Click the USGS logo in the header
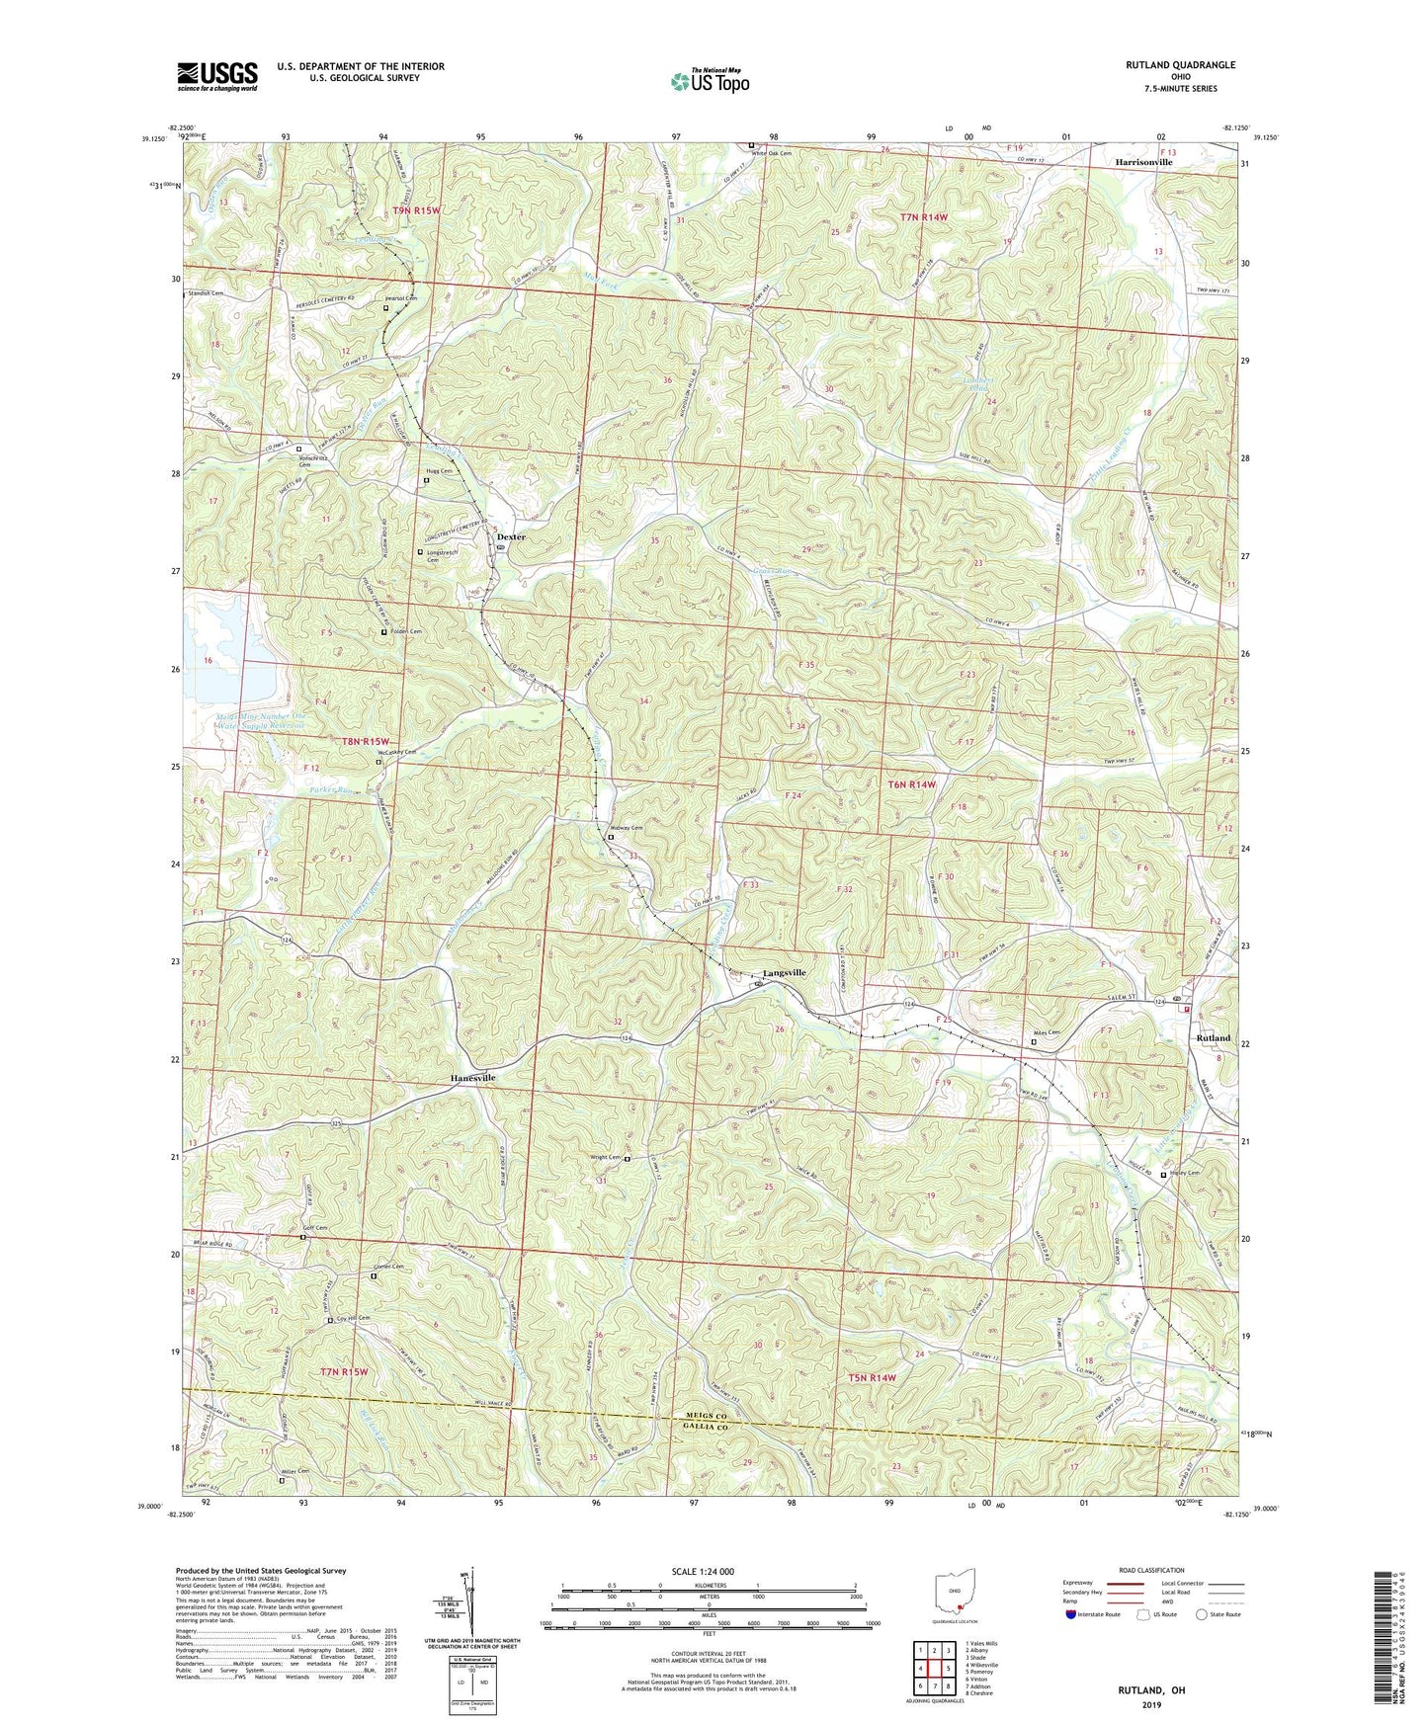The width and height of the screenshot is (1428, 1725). coord(217,76)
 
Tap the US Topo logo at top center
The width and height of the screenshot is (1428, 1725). coord(709,81)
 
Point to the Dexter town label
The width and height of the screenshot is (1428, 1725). coord(511,537)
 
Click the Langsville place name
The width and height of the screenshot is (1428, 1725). coord(784,973)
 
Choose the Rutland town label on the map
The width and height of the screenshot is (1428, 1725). coord(1213,1038)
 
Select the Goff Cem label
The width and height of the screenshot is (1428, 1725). coord(314,1228)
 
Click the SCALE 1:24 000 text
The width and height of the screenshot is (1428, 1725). coord(707,1571)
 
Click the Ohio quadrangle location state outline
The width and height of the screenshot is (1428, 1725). coord(955,1592)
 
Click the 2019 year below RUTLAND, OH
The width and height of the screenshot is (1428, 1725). coord(1150,1705)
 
